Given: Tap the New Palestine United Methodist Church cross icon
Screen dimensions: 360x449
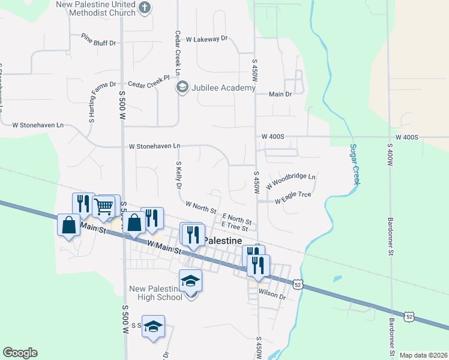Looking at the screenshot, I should click(x=144, y=7).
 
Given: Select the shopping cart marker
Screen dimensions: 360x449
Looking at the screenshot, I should click(x=104, y=206).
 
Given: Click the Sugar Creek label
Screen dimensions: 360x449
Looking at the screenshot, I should click(x=354, y=164).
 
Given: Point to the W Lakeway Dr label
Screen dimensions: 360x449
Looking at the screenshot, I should click(x=207, y=38).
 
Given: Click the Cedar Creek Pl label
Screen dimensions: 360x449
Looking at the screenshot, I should click(x=149, y=82).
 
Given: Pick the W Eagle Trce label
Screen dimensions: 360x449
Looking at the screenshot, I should click(x=293, y=198).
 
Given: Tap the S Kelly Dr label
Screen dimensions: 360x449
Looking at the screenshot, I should click(x=178, y=174).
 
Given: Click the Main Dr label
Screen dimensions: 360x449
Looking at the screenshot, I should click(x=280, y=94).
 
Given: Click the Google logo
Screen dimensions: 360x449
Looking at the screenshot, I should click(x=20, y=353).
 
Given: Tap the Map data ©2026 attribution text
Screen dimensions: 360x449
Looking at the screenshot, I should click(x=423, y=355).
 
